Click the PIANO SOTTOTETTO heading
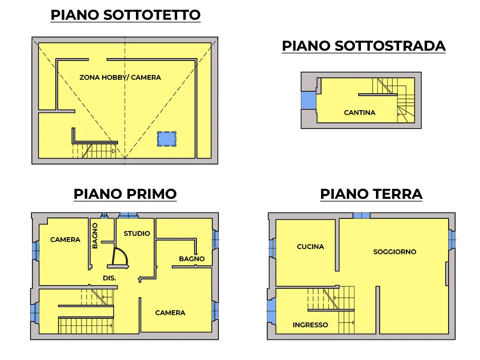click(126, 15)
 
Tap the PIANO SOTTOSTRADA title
click(364, 46)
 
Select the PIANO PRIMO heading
click(125, 194)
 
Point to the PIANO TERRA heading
click(371, 194)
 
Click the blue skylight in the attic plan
click(166, 139)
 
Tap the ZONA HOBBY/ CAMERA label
click(120, 77)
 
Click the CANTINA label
click(360, 112)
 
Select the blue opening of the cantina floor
click(308, 100)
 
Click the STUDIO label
click(137, 233)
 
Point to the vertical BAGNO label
click(95, 236)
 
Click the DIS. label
click(109, 278)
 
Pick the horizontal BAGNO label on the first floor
click(192, 259)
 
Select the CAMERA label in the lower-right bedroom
click(170, 313)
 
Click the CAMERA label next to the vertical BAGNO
click(65, 240)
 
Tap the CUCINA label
click(310, 247)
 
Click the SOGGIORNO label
click(395, 252)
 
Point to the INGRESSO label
click(310, 325)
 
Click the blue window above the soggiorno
click(361, 215)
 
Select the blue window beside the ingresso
click(271, 311)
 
